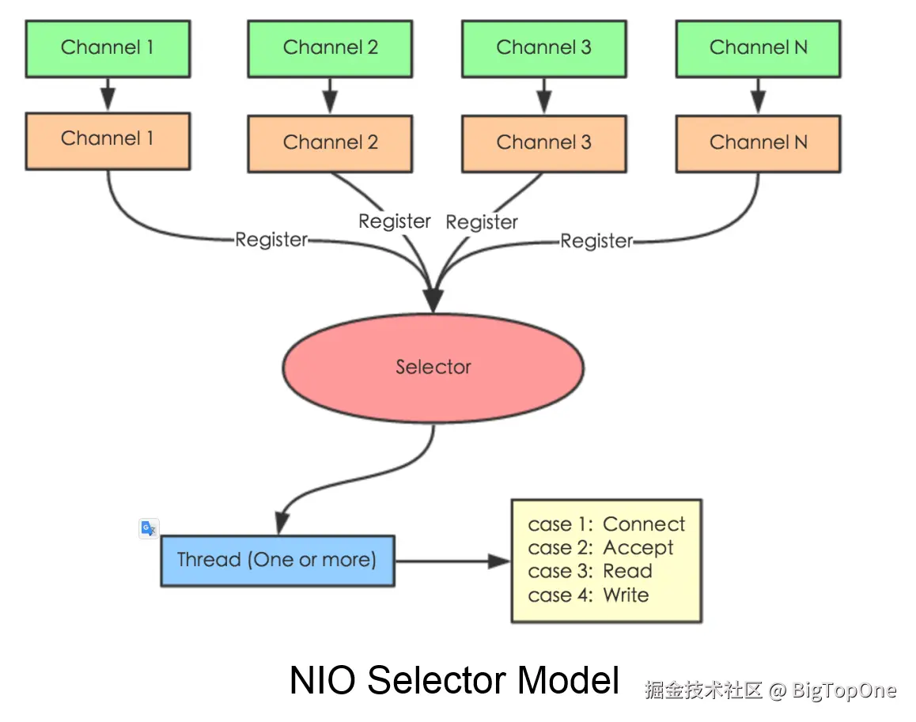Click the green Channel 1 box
(108, 48)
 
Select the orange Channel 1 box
(108, 140)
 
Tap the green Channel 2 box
(330, 48)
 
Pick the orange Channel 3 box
(543, 143)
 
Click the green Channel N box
(758, 48)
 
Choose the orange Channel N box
(758, 143)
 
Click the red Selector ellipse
(433, 368)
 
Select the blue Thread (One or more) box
(277, 561)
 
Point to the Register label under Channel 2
(395, 221)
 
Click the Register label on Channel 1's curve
(271, 240)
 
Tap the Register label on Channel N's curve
(596, 241)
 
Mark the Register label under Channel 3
(482, 223)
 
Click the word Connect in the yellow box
(644, 525)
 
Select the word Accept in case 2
(638, 548)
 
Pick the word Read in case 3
(627, 572)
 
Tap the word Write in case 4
(626, 595)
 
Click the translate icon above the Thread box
(149, 528)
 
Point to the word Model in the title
(567, 681)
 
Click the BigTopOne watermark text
(844, 690)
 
